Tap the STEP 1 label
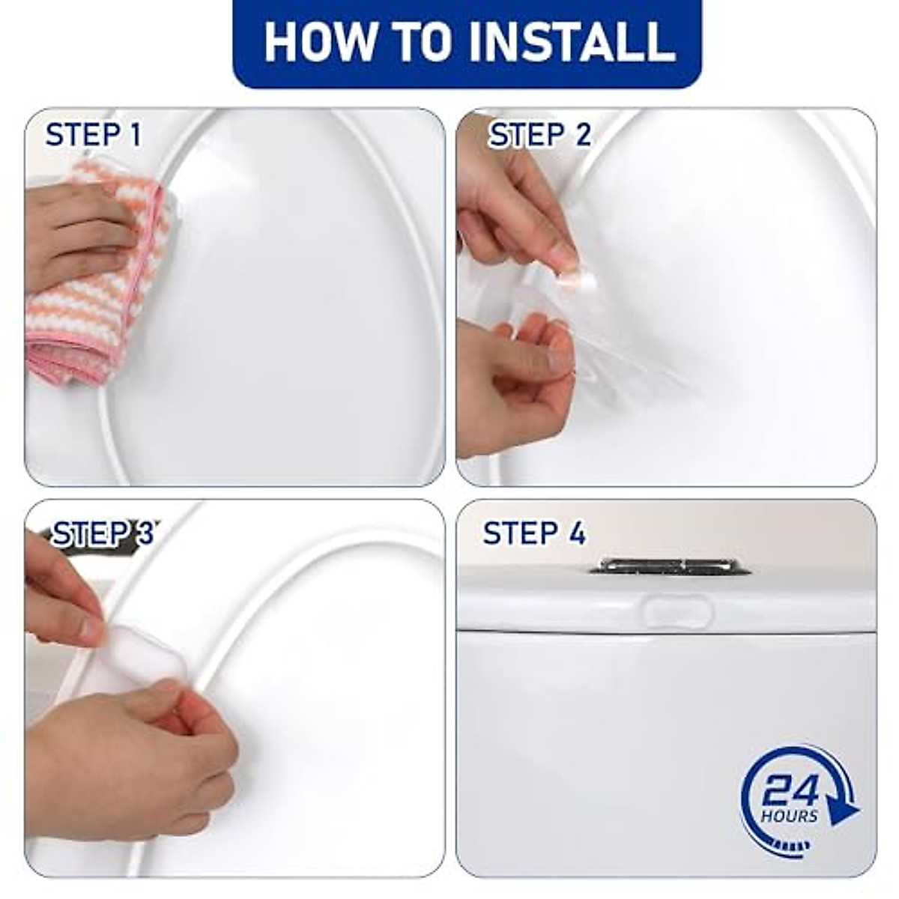click(93, 136)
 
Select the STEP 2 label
click(539, 136)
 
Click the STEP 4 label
click(534, 534)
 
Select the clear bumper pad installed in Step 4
click(678, 611)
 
